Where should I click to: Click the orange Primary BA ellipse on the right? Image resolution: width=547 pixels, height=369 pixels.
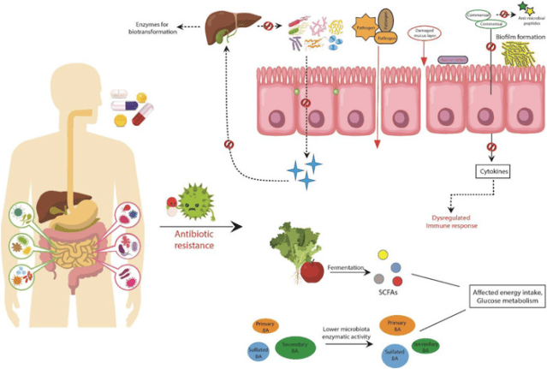395,323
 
